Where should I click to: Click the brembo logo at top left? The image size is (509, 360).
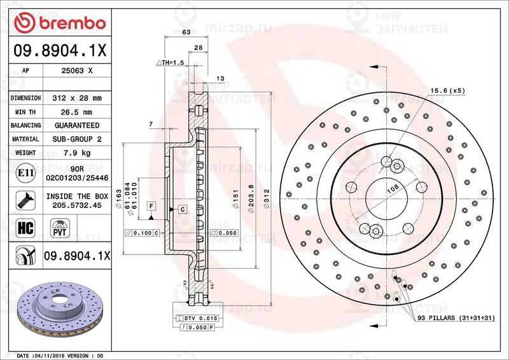pos(60,23)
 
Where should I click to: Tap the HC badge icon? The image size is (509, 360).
pos(24,227)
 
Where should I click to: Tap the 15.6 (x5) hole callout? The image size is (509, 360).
pos(447,90)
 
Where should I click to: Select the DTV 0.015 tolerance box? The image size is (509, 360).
pos(199,317)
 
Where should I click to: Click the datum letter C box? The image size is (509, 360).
pos(182,209)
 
